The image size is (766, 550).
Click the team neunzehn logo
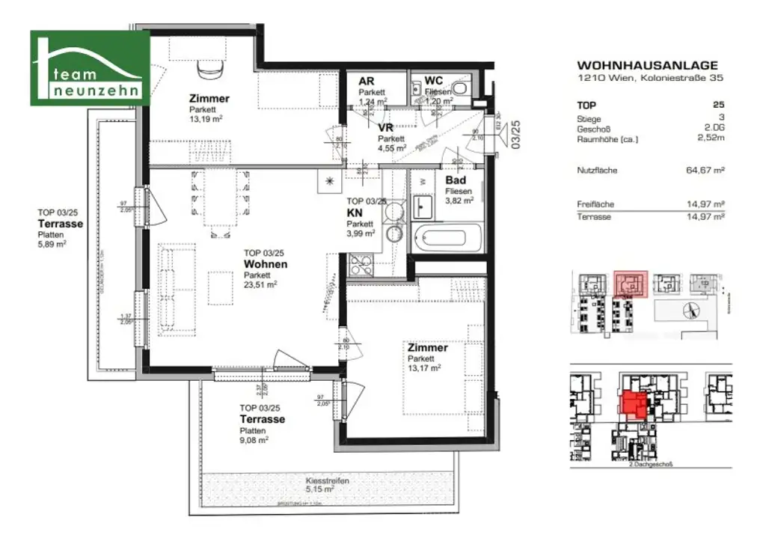click(x=90, y=67)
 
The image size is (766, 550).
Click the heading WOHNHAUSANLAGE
click(x=648, y=66)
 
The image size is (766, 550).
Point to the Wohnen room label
click(x=265, y=265)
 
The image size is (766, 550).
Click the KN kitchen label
click(x=354, y=213)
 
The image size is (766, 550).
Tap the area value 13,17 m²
click(x=423, y=367)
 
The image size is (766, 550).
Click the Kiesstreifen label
click(x=327, y=482)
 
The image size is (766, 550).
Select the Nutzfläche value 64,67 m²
click(x=706, y=171)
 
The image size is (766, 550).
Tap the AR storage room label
click(x=367, y=82)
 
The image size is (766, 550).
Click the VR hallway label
click(x=386, y=128)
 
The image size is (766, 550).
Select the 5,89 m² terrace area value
click(x=52, y=243)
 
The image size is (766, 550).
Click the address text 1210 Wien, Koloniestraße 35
click(x=650, y=78)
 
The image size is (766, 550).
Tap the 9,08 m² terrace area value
click(x=254, y=440)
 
